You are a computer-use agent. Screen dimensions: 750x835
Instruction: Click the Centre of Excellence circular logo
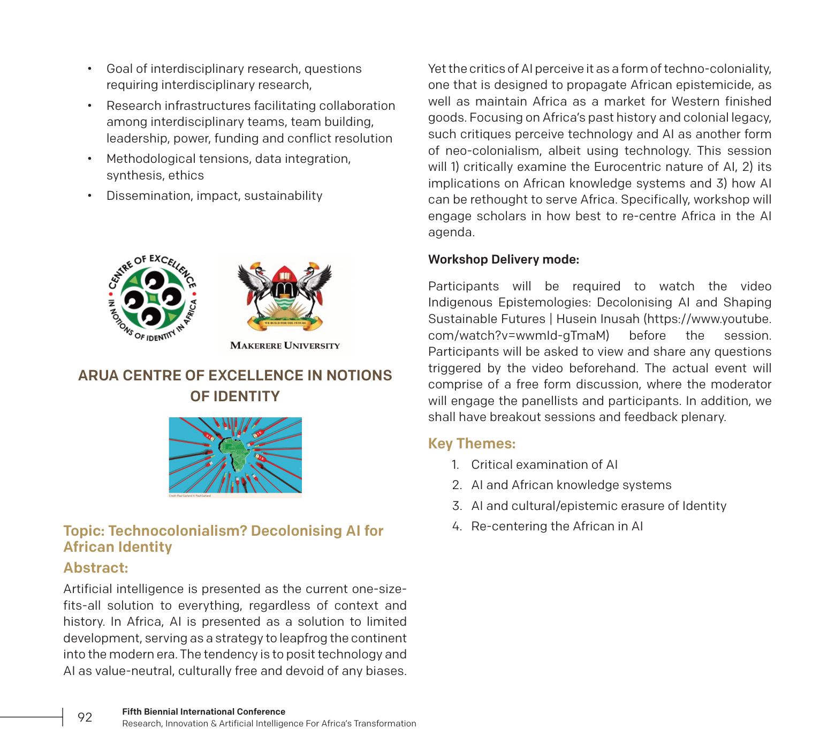tap(153, 298)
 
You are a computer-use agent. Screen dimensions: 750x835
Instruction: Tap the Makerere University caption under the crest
tap(285, 346)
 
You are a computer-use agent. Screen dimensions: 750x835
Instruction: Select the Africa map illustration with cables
tap(235, 455)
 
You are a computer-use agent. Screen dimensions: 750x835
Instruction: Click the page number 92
tap(85, 717)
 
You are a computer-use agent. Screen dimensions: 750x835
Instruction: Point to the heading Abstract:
tap(96, 568)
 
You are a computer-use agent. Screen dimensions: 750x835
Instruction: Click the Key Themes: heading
tap(472, 444)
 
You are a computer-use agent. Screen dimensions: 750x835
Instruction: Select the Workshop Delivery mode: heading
tap(503, 259)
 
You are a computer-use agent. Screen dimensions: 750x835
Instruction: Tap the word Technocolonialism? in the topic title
tap(177, 531)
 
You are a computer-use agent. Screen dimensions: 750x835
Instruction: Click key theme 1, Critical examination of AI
tap(544, 464)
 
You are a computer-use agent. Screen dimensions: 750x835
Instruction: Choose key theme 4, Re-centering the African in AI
tap(557, 526)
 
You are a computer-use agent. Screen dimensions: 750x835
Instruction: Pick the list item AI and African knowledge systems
tap(571, 485)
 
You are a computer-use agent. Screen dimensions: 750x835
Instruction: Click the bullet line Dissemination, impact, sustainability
tap(214, 196)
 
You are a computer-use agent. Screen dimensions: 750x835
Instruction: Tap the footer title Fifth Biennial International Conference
tap(203, 711)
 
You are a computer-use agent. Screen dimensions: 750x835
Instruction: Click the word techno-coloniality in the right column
tap(717, 69)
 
